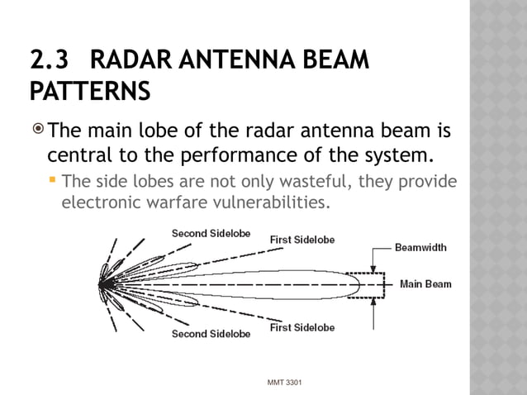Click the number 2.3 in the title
[x=47, y=61]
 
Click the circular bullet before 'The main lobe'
[x=37, y=129]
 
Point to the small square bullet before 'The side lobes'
[x=52, y=181]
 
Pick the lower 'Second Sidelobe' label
[x=205, y=334]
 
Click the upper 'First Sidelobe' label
[x=302, y=240]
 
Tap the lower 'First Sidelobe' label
[x=302, y=328]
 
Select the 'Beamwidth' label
[x=420, y=247]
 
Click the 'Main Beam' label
[x=425, y=284]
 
